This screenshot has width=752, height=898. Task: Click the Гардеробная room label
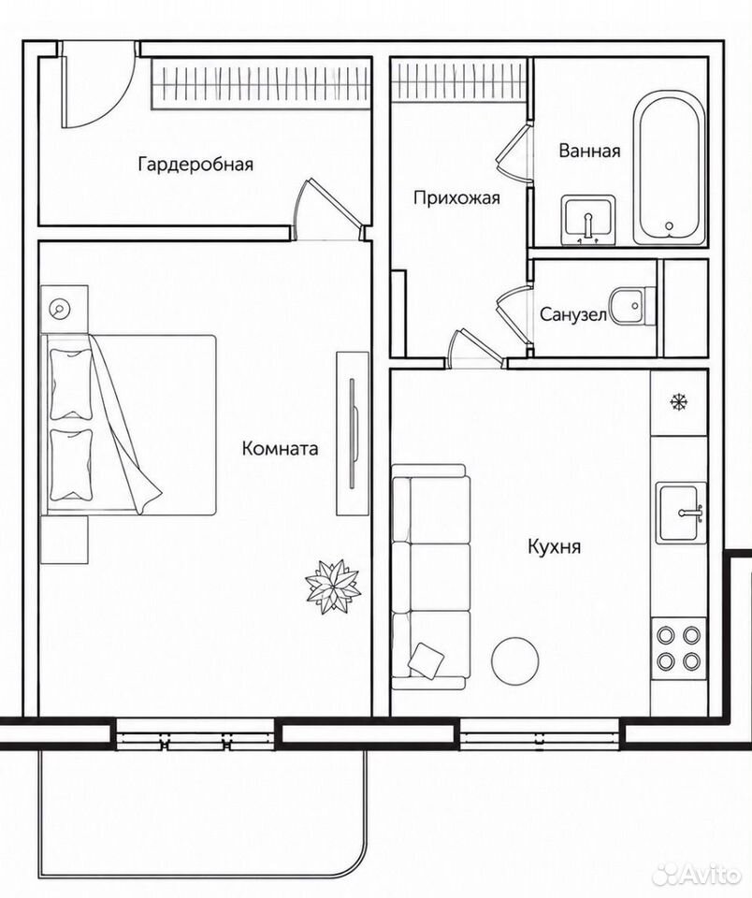[195, 165]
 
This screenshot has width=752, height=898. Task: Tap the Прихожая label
[456, 198]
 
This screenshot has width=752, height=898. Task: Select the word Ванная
[589, 151]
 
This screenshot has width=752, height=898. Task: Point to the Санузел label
[572, 314]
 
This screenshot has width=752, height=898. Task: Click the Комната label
[280, 448]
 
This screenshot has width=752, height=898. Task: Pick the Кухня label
[554, 547]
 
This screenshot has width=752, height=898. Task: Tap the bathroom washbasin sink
[588, 221]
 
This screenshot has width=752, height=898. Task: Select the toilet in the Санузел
[633, 307]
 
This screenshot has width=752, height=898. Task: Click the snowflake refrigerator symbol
[679, 402]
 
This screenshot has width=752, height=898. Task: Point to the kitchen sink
[681, 514]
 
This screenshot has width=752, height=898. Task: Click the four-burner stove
[679, 648]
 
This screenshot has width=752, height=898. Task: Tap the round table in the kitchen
[514, 660]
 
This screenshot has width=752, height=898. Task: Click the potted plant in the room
[333, 587]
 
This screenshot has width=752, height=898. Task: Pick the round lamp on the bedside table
[59, 310]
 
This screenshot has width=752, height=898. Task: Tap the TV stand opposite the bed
[353, 433]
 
